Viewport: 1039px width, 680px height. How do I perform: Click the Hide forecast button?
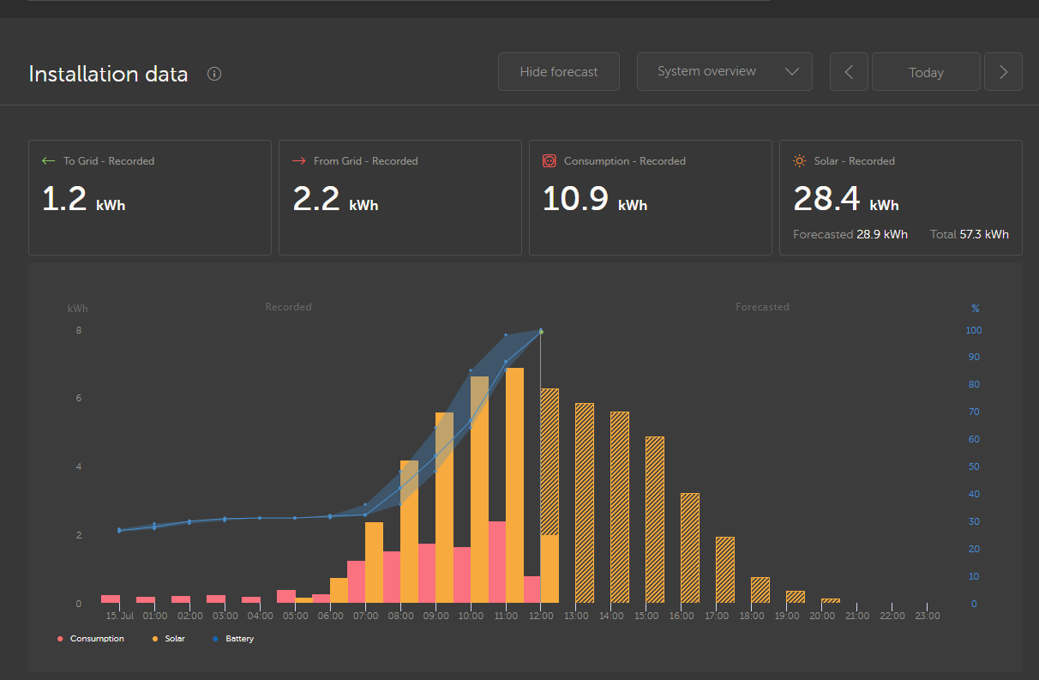tap(559, 72)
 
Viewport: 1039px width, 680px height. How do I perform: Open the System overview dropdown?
tap(724, 72)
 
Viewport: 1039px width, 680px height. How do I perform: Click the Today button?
tap(926, 73)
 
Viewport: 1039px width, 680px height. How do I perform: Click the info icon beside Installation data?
tap(214, 74)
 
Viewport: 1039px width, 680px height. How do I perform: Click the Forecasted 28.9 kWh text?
tap(850, 234)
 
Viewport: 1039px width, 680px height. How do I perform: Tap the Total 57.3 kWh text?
tap(969, 234)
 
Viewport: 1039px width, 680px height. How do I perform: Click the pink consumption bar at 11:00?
tap(497, 562)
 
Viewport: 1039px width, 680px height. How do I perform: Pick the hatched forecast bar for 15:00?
tap(655, 520)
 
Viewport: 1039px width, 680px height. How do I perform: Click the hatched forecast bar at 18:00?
tap(760, 590)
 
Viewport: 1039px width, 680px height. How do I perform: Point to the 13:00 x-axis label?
tap(577, 616)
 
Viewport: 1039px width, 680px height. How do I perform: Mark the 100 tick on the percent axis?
tap(974, 330)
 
